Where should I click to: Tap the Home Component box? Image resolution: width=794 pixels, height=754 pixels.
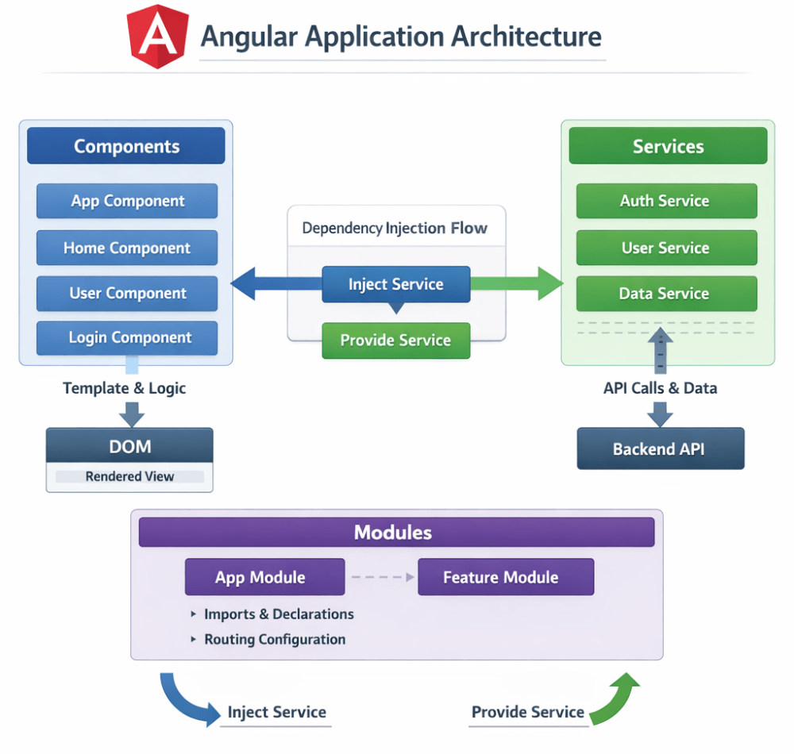tap(127, 248)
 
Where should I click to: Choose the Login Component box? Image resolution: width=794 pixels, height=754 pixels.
tap(127, 338)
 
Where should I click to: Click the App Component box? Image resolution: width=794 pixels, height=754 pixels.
tap(127, 202)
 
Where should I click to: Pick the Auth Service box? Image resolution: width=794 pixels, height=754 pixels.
tap(665, 202)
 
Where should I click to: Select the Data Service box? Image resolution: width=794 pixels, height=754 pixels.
tap(665, 294)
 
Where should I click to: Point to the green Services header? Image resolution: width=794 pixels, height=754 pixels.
tap(668, 147)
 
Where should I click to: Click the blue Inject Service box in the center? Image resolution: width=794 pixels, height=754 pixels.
tap(396, 285)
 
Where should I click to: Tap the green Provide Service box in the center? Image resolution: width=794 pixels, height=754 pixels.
tap(396, 340)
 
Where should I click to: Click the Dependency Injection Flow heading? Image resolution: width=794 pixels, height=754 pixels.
tap(395, 229)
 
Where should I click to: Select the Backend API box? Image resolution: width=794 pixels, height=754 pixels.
tap(660, 449)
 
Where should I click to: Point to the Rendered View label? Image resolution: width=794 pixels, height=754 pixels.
tap(129, 477)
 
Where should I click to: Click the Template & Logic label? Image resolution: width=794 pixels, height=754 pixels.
tap(125, 388)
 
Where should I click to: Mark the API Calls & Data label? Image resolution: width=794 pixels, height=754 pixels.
tap(660, 388)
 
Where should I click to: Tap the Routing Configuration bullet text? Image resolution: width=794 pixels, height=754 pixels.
tap(275, 640)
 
